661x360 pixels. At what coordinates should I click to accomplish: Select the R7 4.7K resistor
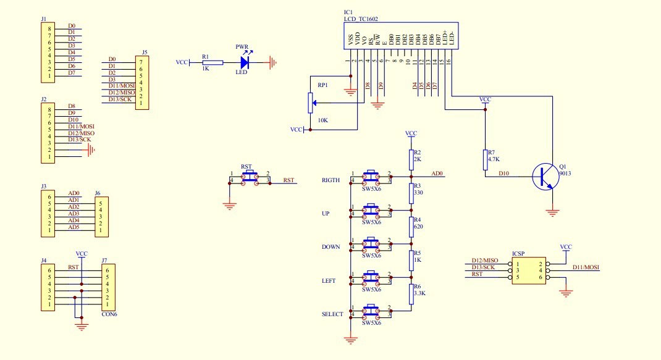click(x=485, y=159)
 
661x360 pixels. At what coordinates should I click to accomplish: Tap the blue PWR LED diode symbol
click(x=245, y=62)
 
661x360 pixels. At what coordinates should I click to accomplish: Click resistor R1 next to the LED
click(x=213, y=62)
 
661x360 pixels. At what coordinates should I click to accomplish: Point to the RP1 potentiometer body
click(x=309, y=103)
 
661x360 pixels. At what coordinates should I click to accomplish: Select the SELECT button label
click(x=332, y=314)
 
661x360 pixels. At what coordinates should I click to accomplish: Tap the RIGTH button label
click(x=330, y=180)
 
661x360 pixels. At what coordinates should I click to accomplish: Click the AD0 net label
click(x=438, y=174)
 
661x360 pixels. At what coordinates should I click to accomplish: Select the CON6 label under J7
click(x=109, y=313)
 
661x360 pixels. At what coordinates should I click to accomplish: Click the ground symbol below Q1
click(x=553, y=212)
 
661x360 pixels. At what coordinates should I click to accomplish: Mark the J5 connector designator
click(x=145, y=52)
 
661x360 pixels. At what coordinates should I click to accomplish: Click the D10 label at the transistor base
click(x=505, y=174)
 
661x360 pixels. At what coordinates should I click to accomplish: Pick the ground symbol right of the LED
click(x=272, y=62)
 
